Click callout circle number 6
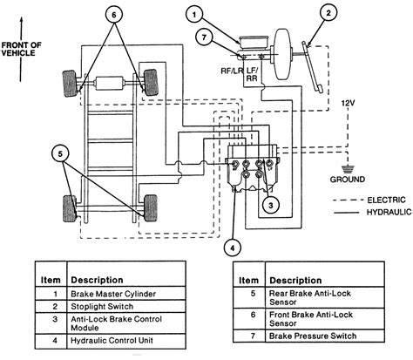(114, 14)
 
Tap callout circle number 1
(194, 15)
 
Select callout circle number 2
(328, 13)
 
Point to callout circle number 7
(204, 37)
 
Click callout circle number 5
(60, 153)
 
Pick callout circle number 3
(271, 205)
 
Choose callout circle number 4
(232, 248)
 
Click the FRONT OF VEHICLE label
(21, 49)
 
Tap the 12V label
(348, 103)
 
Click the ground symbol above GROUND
(347, 169)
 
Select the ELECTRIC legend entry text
(386, 200)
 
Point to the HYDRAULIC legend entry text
(389, 213)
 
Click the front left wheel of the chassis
(70, 84)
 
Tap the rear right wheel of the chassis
(151, 208)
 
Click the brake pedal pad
(319, 89)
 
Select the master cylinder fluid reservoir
(254, 42)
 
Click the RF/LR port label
(232, 71)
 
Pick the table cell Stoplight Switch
(102, 307)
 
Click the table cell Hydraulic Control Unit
(112, 340)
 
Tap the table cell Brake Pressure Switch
(313, 336)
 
